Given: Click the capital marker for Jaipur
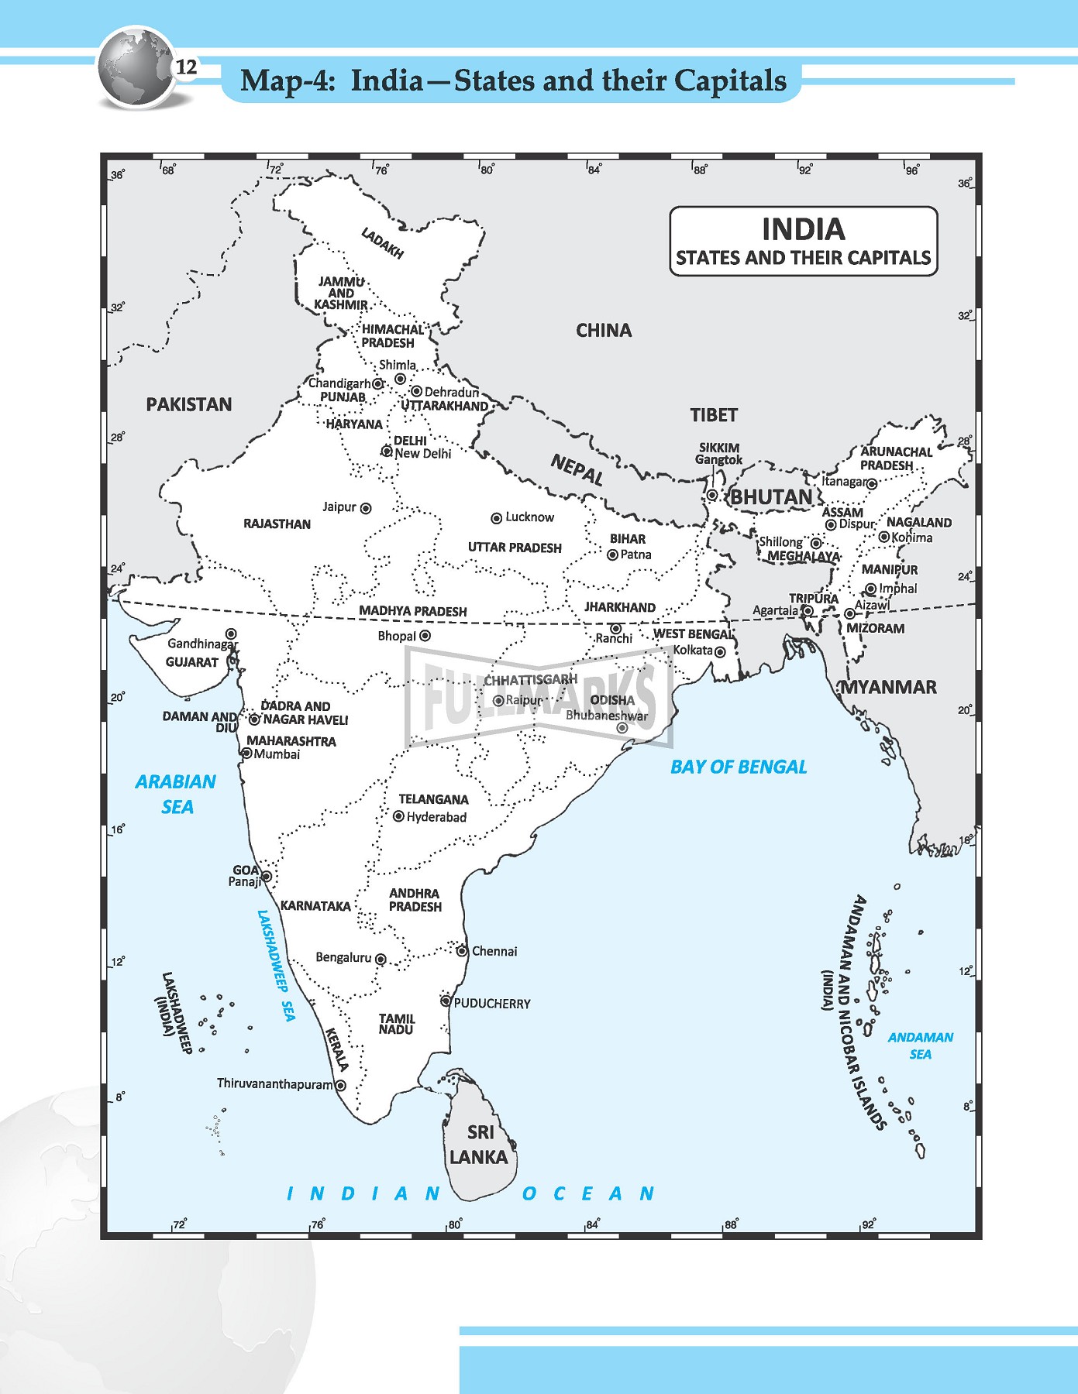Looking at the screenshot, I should point(366,508).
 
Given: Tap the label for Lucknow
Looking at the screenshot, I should point(529,517).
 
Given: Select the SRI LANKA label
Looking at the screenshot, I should point(479,1145).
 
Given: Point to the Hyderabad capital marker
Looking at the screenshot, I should point(398,816).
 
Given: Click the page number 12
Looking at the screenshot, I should point(186,67).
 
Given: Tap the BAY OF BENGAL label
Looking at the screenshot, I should point(738,767).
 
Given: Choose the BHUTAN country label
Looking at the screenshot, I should point(771,497).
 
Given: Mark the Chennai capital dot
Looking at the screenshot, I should point(462,951).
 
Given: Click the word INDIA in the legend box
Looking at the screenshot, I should point(803,229).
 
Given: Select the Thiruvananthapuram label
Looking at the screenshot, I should point(274,1083).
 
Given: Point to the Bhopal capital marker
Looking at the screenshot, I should point(425,636).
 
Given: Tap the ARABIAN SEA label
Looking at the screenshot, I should point(176,794).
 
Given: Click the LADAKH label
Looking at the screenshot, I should point(382,242).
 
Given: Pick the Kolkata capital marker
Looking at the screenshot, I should point(720,652).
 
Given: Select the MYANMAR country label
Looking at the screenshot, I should point(889,687).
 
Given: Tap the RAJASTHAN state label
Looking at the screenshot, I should point(277,524).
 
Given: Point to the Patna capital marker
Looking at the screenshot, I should point(612,555).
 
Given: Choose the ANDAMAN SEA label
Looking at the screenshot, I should point(920,1045).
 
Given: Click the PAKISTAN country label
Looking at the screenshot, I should point(189,404).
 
